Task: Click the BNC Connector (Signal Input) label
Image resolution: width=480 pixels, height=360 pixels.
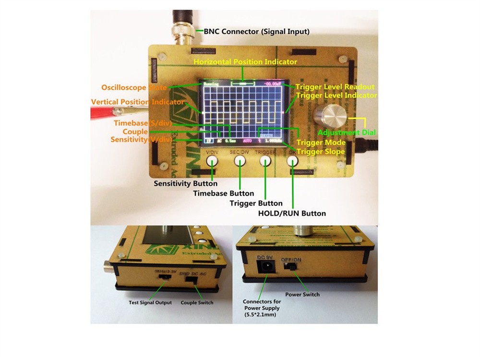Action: (x=257, y=32)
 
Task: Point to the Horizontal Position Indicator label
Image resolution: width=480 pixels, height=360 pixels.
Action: (x=245, y=62)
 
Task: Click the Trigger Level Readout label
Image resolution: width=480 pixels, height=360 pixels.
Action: (x=335, y=87)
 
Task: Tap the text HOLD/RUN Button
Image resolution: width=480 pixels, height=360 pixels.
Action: (x=292, y=213)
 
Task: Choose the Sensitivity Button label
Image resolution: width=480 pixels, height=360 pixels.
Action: (x=185, y=183)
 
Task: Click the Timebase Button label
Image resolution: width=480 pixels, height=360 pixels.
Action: (x=223, y=193)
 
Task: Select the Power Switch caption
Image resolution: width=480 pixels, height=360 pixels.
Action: (x=302, y=294)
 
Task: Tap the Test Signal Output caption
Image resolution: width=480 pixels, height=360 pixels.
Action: (x=150, y=303)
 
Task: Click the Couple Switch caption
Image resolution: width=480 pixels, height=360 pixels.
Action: (x=197, y=303)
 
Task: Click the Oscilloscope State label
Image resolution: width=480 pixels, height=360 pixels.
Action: (x=134, y=87)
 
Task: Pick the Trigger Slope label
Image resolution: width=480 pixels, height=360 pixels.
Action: (x=320, y=151)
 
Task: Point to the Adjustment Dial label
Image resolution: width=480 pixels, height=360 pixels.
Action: (x=347, y=132)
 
